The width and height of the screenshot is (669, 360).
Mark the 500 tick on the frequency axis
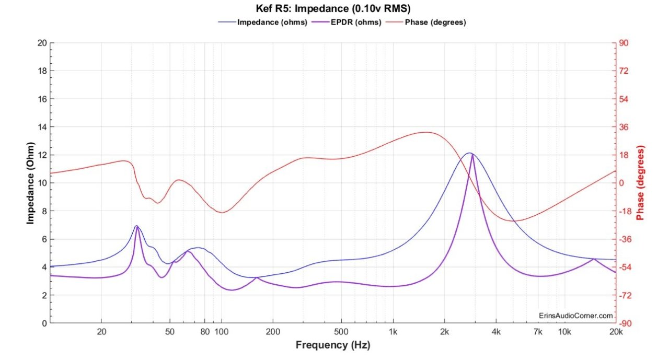tap(341, 332)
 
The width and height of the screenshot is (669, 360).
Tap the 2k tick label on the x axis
tap(444, 332)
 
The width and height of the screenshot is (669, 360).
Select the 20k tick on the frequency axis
tap(616, 332)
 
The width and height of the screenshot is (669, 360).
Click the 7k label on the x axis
tap(538, 332)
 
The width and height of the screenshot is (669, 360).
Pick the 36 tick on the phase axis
tap(625, 127)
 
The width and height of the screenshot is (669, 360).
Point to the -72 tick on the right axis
tap(626, 295)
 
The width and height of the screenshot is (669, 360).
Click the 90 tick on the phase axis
tap(625, 43)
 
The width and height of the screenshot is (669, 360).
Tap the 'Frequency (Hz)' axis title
tap(333, 345)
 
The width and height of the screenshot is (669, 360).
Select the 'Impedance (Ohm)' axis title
tap(30, 183)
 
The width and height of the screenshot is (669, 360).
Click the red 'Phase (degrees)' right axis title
tap(641, 183)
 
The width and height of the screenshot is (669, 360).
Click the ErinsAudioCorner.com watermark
tap(575, 316)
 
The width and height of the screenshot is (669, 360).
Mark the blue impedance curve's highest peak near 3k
tap(470, 153)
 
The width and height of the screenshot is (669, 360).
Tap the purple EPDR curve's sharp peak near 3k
tap(473, 155)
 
